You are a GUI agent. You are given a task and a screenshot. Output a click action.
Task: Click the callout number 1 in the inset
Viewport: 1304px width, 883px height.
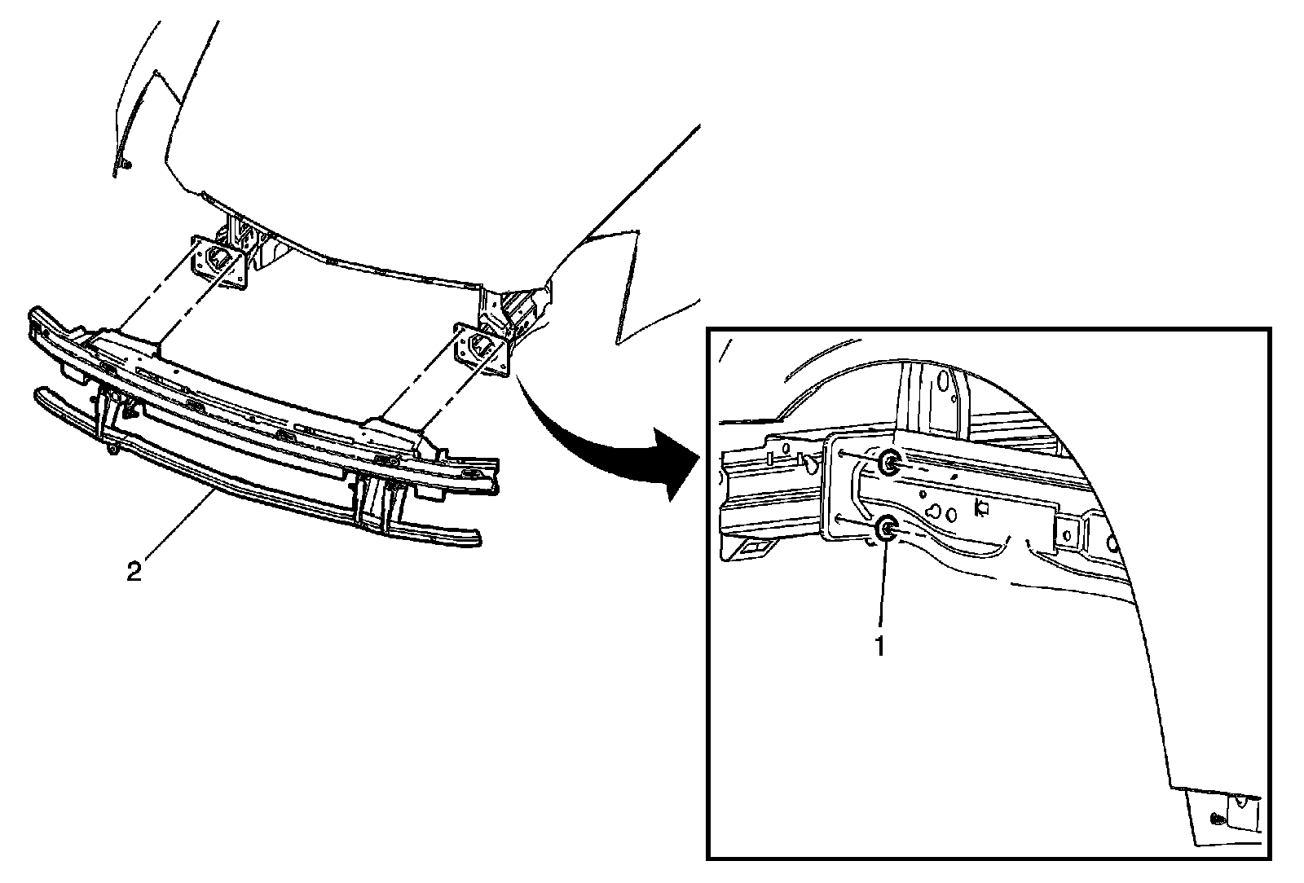point(879,645)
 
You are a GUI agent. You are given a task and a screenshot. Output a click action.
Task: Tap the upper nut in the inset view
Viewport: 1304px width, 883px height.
point(890,463)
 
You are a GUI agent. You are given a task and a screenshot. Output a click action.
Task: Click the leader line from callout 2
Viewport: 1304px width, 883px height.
point(179,529)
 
